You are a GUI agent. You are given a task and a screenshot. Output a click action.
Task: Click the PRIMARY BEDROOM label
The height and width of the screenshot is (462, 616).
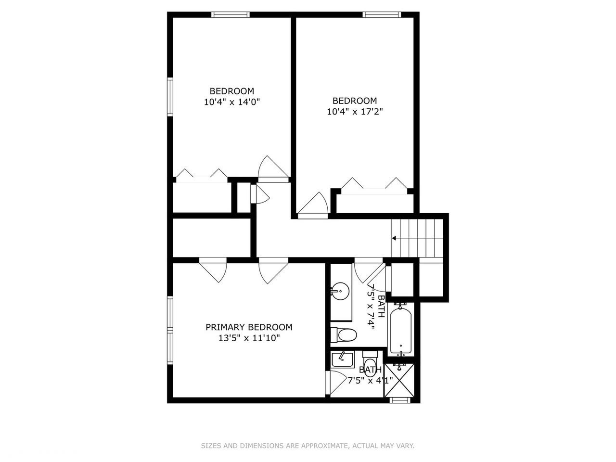[249, 327]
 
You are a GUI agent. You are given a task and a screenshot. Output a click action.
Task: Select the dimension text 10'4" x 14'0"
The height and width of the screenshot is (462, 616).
[232, 102]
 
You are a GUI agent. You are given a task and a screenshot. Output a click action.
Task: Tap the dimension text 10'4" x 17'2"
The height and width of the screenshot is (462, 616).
[355, 112]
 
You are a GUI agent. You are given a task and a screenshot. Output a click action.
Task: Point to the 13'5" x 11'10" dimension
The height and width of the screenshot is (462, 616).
[249, 338]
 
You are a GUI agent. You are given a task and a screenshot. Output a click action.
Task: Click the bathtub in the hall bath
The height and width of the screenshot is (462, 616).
[400, 330]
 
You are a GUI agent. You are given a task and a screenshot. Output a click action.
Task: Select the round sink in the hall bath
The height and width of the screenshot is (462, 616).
[340, 291]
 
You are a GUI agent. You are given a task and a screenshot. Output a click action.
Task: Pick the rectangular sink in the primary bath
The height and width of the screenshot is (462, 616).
[342, 359]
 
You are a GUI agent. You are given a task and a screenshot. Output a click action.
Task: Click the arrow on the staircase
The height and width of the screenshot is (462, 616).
[395, 238]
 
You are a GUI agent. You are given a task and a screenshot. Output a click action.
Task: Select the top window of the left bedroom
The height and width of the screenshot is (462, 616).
[231, 14]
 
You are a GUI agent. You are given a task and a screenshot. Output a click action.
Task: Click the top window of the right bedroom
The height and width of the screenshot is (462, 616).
[382, 14]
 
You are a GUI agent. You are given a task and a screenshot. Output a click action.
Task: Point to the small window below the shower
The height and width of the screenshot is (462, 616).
[399, 400]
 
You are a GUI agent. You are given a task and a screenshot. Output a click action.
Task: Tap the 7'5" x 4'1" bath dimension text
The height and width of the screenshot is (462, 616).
[371, 380]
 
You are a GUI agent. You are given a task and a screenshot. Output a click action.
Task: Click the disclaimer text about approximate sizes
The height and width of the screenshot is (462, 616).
[308, 446]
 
